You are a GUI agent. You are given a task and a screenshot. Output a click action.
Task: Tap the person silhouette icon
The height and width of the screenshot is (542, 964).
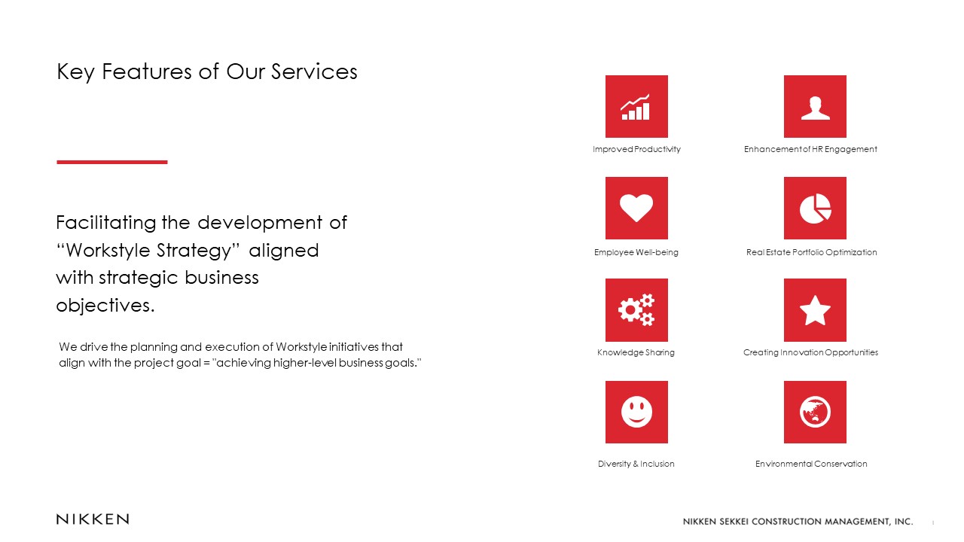815,107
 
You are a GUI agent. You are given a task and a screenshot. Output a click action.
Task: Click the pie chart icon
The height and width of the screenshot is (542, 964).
815,209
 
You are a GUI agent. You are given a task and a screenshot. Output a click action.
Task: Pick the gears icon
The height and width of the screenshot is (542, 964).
636,310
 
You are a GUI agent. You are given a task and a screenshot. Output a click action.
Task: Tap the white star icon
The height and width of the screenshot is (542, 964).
815,310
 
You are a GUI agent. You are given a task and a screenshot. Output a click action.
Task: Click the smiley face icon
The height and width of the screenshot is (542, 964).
636,412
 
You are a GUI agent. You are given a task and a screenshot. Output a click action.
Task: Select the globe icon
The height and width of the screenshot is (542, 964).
815,412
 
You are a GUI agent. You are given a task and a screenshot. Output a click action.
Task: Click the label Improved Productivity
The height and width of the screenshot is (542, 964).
636,149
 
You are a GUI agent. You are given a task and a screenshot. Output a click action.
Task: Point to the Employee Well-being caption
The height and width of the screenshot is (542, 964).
636,252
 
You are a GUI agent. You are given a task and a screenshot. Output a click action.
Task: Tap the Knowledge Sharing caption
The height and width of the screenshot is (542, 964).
636,353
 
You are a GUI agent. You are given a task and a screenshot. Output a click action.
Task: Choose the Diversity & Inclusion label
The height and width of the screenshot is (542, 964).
636,464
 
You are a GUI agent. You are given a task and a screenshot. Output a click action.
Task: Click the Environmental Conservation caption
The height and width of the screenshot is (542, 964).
811,464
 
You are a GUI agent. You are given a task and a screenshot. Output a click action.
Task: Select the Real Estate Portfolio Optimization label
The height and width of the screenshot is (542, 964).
811,252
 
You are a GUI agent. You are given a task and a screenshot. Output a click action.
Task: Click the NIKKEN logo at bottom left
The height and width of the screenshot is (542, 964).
93,519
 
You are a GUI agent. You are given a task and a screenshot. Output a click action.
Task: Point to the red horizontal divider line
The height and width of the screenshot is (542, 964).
112,162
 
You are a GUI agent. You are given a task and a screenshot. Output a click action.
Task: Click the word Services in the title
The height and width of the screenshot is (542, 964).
314,72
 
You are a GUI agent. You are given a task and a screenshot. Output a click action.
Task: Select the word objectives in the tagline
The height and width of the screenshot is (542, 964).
105,306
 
